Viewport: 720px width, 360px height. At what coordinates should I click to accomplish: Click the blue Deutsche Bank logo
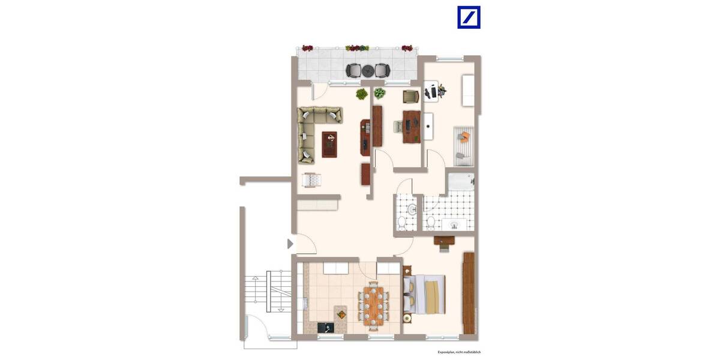tap(469, 17)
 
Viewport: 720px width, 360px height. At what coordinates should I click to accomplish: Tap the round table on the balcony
tap(367, 70)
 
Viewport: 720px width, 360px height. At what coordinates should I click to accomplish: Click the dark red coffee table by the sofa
tap(329, 144)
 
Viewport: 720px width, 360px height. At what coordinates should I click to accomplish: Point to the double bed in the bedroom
tap(425, 293)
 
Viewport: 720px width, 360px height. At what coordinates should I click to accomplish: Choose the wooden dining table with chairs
tap(375, 305)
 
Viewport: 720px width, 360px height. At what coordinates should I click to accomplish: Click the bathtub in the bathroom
tap(460, 182)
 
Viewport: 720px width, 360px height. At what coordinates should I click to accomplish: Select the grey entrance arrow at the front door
tap(290, 244)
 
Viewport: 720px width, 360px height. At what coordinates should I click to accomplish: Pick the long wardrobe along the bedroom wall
tap(469, 293)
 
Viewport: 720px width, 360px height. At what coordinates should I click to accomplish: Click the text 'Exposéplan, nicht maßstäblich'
tap(459, 353)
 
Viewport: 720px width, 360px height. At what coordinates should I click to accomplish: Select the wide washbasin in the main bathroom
tap(454, 225)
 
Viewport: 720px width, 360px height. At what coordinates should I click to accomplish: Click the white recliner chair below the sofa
tap(312, 179)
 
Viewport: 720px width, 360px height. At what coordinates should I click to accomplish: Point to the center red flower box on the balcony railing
tap(358, 47)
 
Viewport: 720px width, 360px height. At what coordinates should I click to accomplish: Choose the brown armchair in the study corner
tap(410, 95)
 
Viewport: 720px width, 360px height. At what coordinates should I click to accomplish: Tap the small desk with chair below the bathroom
tap(444, 241)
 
